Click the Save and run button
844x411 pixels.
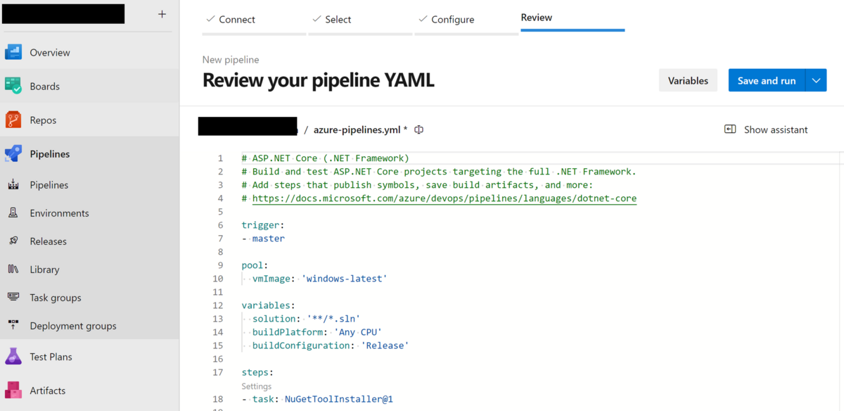[766, 81]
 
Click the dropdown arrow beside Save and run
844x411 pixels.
[816, 81]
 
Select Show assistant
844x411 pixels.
[766, 129]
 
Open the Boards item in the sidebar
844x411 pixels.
[44, 87]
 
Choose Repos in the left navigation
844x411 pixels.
[43, 120]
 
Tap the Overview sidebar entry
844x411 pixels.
[49, 53]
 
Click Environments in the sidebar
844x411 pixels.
[59, 213]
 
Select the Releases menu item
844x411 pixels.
[48, 241]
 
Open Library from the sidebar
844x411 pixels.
[44, 270]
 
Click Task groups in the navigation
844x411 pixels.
[56, 298]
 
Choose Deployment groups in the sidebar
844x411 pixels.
[72, 326]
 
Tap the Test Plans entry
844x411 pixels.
[51, 357]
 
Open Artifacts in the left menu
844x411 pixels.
[47, 391]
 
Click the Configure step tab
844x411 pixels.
[452, 20]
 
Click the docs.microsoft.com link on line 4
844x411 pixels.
[444, 198]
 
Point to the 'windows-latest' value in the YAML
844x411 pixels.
[345, 279]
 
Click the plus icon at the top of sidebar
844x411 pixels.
[162, 14]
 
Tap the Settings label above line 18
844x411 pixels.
[256, 386]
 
